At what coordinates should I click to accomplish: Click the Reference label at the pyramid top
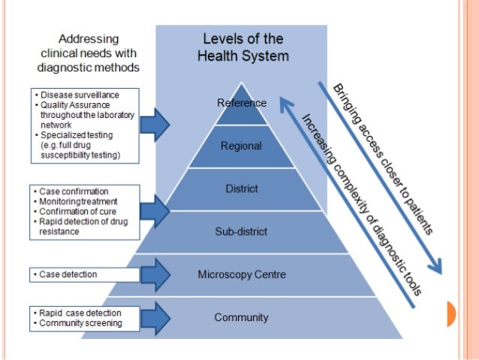pyautogui.click(x=242, y=103)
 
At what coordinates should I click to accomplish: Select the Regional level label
pyautogui.click(x=241, y=146)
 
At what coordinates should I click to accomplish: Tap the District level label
pyautogui.click(x=242, y=189)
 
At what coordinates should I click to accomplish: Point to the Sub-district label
pyautogui.click(x=241, y=231)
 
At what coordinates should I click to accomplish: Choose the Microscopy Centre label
pyautogui.click(x=242, y=274)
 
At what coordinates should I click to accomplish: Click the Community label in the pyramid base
pyautogui.click(x=241, y=317)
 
